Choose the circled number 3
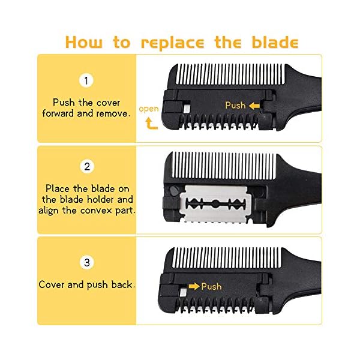88,262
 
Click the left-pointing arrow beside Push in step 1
254,106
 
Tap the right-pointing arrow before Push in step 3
193,286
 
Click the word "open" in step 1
149,109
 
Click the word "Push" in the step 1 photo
235,106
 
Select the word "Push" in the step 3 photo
212,286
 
